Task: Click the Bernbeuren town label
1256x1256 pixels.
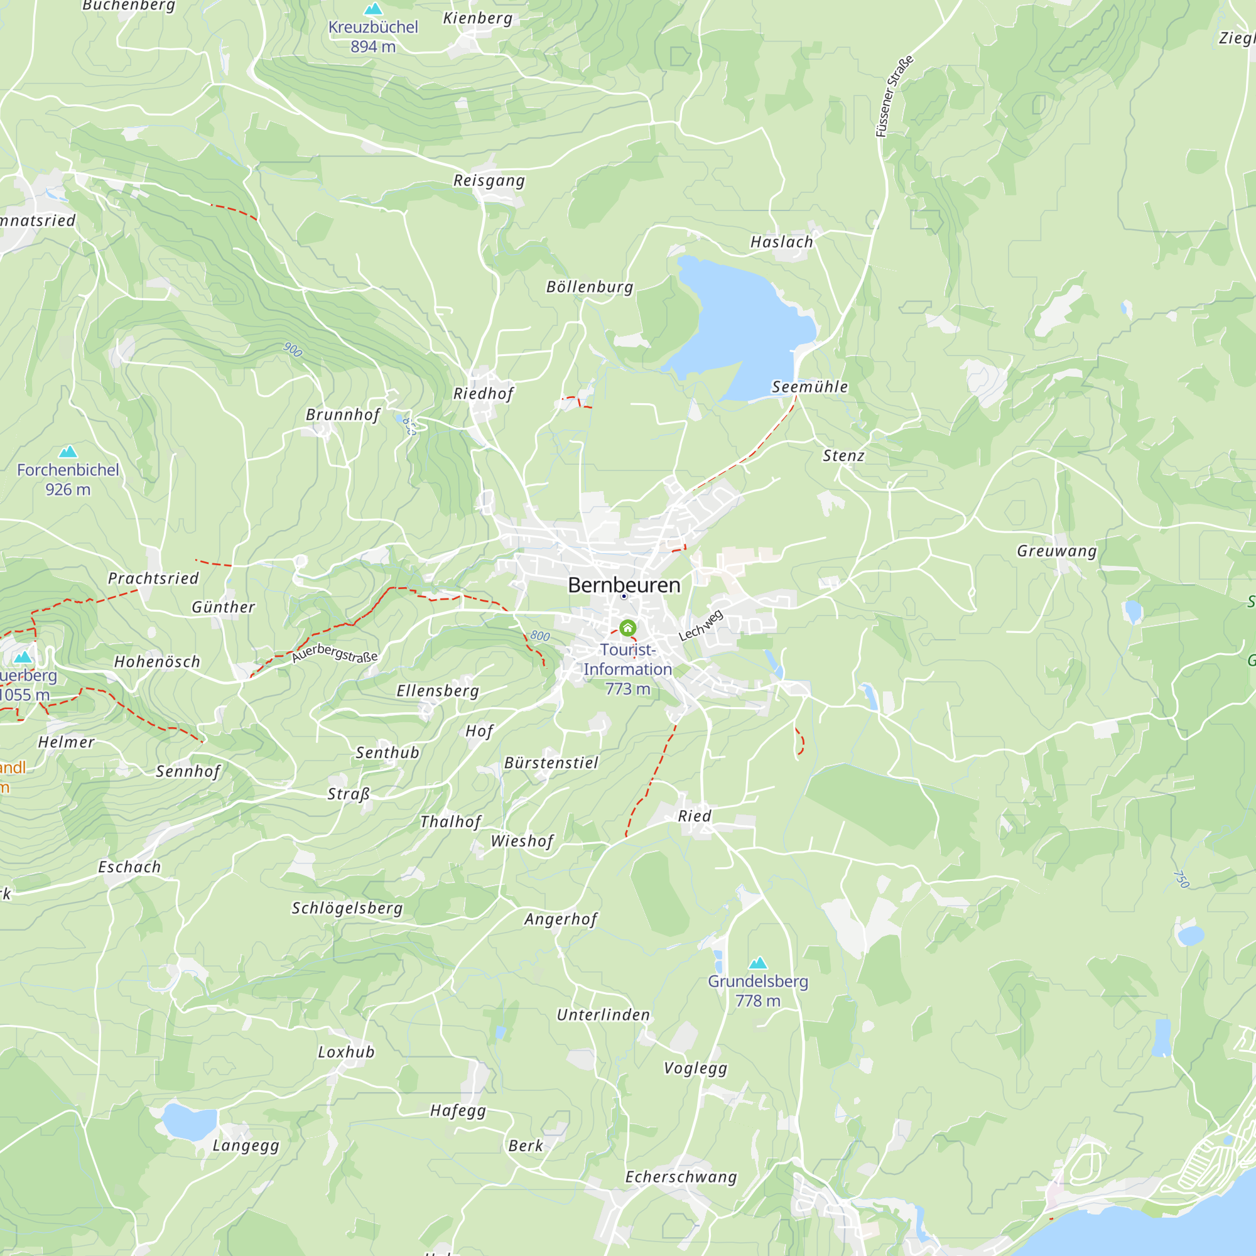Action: (624, 585)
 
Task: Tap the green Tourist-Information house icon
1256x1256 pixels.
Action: (627, 627)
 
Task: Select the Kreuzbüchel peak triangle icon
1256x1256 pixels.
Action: (373, 8)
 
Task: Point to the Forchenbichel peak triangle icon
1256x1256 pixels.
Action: (68, 451)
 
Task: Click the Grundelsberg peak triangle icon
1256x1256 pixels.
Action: (758, 963)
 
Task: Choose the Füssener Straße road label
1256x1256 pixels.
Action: (894, 96)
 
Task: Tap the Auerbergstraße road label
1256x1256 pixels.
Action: (334, 652)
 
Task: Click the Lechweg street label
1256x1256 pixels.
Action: (700, 625)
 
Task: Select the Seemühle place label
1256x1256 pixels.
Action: (809, 387)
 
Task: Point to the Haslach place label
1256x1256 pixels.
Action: (781, 242)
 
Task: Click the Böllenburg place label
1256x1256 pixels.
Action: (589, 287)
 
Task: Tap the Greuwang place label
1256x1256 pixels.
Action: (1056, 551)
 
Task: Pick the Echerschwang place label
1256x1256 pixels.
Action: (681, 1177)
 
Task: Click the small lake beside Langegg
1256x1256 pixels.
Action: (188, 1122)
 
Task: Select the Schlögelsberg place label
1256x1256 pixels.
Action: (347, 907)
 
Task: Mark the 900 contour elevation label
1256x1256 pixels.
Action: (293, 350)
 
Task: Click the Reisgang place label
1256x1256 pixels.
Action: (489, 180)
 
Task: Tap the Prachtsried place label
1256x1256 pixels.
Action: (153, 578)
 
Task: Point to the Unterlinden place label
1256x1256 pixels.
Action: (603, 1015)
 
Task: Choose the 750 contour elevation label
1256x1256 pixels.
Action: (1181, 879)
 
